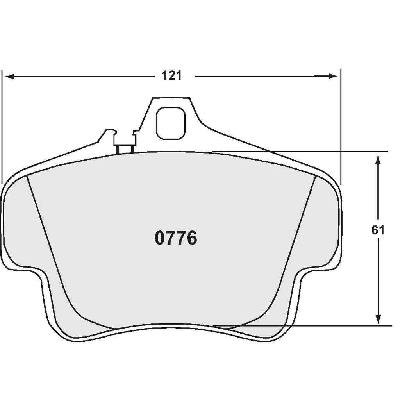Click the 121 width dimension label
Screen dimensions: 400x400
click(172, 76)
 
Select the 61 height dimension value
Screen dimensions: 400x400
click(378, 230)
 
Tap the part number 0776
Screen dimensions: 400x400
click(176, 238)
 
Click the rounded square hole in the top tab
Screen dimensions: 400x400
click(170, 123)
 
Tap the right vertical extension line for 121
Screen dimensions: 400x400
click(341, 125)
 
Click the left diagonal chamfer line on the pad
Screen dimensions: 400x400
click(47, 234)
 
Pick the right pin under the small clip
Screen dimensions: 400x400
click(132, 148)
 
